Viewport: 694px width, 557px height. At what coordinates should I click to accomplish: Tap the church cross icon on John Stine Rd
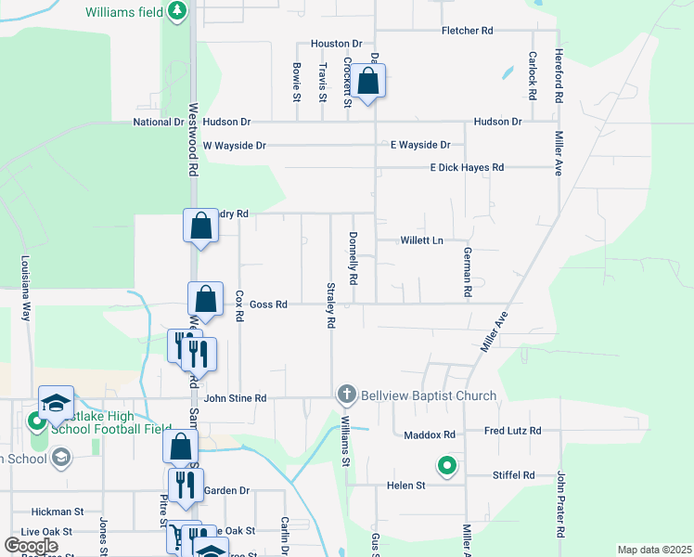[347, 395]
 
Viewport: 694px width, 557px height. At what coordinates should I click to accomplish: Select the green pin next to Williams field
[176, 11]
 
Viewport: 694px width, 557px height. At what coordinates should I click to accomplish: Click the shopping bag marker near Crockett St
[368, 82]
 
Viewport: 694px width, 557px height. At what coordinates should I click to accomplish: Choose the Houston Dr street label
[336, 44]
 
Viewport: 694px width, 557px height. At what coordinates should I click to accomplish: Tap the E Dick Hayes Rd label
[466, 167]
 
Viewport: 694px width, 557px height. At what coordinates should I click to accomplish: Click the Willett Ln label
[421, 240]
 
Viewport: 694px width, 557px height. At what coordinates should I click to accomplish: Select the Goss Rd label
[269, 304]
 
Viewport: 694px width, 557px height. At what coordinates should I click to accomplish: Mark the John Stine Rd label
[235, 398]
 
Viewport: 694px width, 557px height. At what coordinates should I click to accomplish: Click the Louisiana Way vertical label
[26, 288]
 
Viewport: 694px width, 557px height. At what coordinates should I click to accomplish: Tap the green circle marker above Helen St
[446, 466]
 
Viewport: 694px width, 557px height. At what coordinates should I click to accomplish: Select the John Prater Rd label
[560, 505]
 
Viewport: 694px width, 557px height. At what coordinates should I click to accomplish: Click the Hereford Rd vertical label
[559, 76]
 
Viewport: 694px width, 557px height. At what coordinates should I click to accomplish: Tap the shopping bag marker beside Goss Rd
[205, 300]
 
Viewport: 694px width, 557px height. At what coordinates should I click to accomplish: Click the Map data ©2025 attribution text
[654, 550]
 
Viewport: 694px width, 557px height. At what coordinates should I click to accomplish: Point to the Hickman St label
[57, 512]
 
